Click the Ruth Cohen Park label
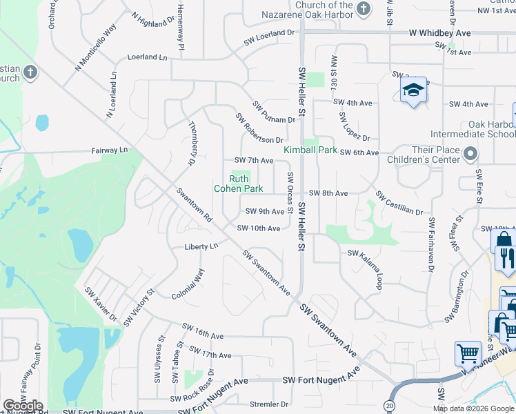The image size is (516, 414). (238, 184)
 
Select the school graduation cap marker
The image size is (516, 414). (413, 90)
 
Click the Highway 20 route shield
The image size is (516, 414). (390, 406)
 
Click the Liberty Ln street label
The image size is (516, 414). (201, 246)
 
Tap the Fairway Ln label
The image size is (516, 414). (110, 150)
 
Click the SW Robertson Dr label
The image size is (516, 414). (259, 128)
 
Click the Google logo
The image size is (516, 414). (23, 406)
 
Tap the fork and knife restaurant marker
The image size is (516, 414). (506, 257)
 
